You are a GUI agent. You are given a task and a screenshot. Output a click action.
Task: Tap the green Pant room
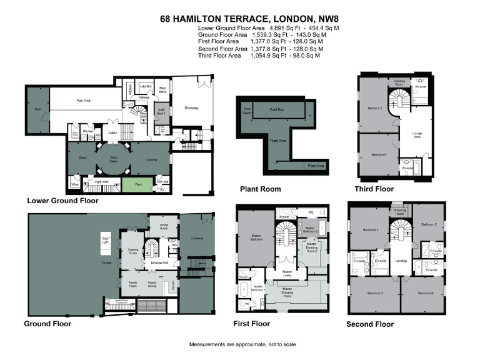click(139, 184)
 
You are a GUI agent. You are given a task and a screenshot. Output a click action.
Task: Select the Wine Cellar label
click(114, 160)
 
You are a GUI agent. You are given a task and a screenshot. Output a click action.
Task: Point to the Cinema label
click(151, 159)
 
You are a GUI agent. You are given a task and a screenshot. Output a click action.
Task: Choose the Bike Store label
click(162, 89)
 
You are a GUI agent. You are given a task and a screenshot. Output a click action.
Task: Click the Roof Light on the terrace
click(106, 239)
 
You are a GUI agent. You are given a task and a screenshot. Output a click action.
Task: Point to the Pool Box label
click(277, 109)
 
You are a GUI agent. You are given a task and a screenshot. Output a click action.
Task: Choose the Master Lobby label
click(287, 272)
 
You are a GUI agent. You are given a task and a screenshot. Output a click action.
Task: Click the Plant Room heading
click(261, 189)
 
